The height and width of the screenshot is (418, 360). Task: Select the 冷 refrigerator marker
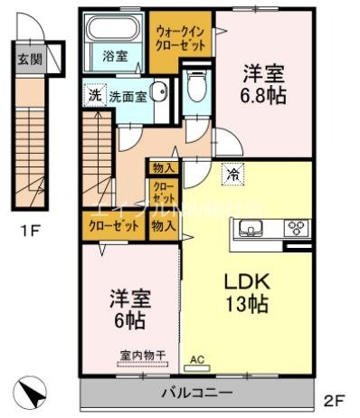pyautogui.click(x=234, y=175)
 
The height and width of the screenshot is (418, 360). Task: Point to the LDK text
pyautogui.click(x=246, y=280)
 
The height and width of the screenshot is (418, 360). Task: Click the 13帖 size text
pyautogui.click(x=246, y=305)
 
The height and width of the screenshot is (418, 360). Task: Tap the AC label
pyautogui.click(x=196, y=358)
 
